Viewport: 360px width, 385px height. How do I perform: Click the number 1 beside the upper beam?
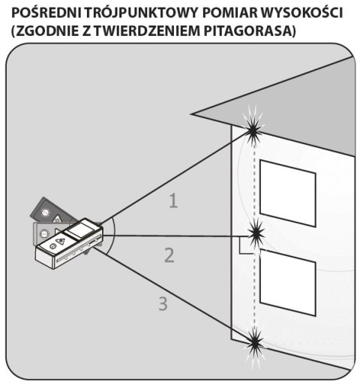tap(173, 201)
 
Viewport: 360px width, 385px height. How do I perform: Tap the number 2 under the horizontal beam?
tap(169, 255)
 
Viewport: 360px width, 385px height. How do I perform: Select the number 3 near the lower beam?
tap(162, 304)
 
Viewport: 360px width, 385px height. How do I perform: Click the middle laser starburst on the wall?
tap(256, 236)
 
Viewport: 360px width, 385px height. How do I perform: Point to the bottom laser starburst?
tap(256, 342)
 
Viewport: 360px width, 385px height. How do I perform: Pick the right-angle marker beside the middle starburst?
tap(244, 246)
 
